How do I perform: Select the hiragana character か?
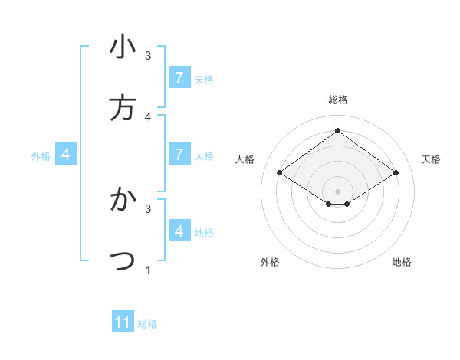pyautogui.click(x=123, y=200)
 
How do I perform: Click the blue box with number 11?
pyautogui.click(x=123, y=322)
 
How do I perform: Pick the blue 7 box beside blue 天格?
pyautogui.click(x=179, y=78)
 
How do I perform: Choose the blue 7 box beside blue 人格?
pyautogui.click(x=179, y=155)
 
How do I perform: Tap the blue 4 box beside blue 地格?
pyautogui.click(x=179, y=231)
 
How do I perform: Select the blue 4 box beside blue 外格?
pyautogui.click(x=66, y=155)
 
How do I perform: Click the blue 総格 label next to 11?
pyautogui.click(x=147, y=324)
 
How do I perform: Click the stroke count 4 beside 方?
pyautogui.click(x=148, y=116)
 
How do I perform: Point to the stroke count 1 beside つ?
pyautogui.click(x=148, y=270)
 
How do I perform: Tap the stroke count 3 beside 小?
pyautogui.click(x=148, y=56)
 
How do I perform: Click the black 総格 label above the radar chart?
pyautogui.click(x=337, y=100)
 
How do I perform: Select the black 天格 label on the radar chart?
pyautogui.click(x=431, y=159)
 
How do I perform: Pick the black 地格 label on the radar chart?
pyautogui.click(x=402, y=262)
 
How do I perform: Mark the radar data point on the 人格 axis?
pyautogui.click(x=280, y=173)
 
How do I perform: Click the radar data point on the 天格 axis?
pyautogui.click(x=396, y=173)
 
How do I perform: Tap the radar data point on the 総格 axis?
pyautogui.click(x=337, y=131)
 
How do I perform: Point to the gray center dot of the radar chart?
pyautogui.click(x=337, y=191)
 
